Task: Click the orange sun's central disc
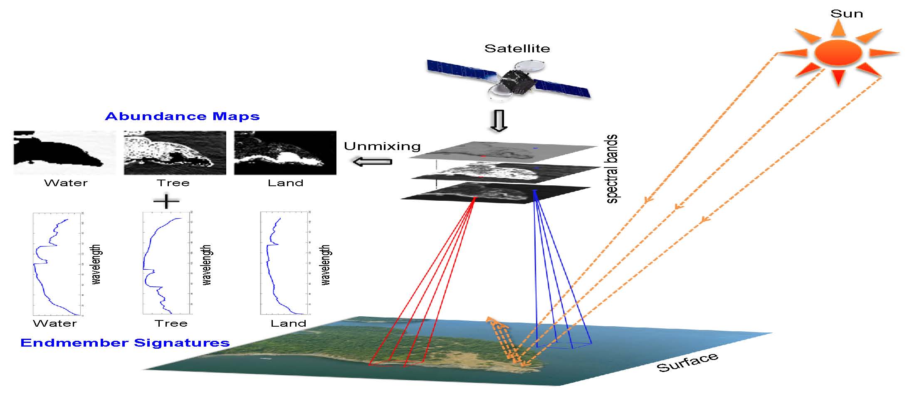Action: coord(838,53)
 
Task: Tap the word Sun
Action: coord(846,14)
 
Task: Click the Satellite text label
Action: coord(517,49)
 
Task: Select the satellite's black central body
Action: coord(516,81)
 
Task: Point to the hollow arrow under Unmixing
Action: coord(372,161)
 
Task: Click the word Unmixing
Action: coord(382,146)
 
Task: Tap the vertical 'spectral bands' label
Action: coord(612,169)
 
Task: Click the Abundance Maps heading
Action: coord(182,116)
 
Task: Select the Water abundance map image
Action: coord(64,153)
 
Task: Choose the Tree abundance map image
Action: coord(175,153)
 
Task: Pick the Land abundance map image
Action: coord(285,153)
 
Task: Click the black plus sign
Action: coord(166,202)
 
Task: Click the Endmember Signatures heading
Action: coord(125,343)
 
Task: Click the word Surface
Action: coord(687,362)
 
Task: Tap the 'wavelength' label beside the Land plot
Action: coord(326,265)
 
